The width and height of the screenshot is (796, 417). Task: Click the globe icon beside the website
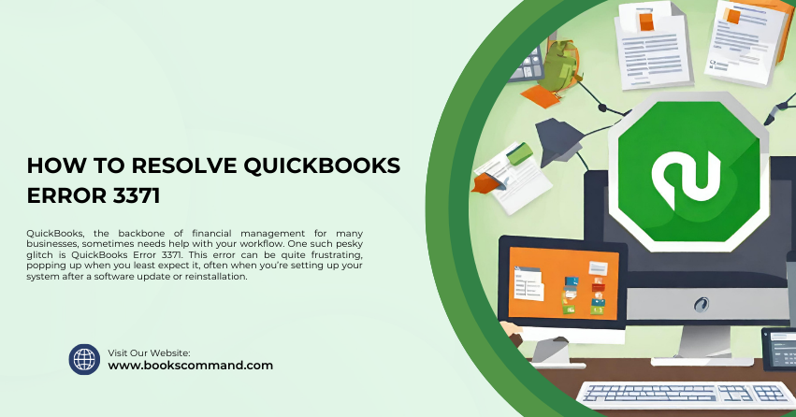coord(84,359)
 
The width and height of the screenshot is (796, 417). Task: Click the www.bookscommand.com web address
coord(191,366)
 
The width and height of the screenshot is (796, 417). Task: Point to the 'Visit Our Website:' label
coord(150,352)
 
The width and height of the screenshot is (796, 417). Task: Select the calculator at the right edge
coord(778,349)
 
